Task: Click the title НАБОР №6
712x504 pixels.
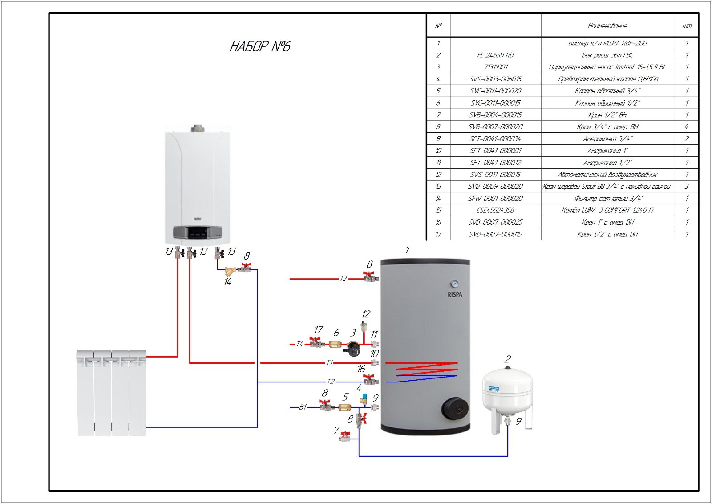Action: (260, 46)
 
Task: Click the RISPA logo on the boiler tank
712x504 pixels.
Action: (455, 294)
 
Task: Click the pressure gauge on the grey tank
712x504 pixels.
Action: (455, 283)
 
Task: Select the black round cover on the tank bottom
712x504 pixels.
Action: (454, 408)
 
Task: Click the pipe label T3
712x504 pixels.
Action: (343, 279)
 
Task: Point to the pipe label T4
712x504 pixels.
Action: (299, 344)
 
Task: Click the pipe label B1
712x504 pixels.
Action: (303, 407)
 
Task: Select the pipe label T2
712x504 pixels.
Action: (330, 382)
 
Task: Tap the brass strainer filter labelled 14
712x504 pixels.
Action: (231, 270)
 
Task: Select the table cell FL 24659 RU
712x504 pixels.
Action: (495, 55)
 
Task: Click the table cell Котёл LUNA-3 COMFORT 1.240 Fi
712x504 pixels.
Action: (607, 210)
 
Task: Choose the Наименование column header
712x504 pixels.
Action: (607, 26)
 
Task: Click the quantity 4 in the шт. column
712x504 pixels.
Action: (686, 127)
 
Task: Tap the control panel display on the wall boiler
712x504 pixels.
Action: (197, 232)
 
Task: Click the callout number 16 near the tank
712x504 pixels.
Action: (361, 369)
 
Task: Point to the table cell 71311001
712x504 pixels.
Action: (495, 67)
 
